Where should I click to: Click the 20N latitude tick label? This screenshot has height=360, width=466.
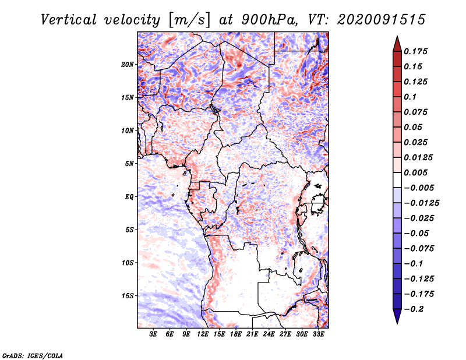128,65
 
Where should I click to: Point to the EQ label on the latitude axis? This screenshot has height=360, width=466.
129,197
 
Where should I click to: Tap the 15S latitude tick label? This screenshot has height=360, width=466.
128,296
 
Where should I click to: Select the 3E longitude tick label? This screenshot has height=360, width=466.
153,334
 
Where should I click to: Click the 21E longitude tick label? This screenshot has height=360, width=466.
252,334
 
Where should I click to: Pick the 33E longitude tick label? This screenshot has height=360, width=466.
318,334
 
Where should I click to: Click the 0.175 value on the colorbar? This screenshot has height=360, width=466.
415,51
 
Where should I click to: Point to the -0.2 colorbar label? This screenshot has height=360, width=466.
414,309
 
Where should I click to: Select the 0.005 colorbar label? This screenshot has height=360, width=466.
415,172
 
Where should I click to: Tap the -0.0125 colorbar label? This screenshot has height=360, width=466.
421,203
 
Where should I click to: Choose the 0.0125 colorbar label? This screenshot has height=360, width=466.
418,157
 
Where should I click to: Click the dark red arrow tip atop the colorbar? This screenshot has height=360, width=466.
397,36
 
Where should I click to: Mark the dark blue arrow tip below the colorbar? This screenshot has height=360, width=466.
397,323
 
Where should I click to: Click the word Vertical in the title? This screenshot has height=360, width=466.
69,20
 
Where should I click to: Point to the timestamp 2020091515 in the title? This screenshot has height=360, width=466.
382,20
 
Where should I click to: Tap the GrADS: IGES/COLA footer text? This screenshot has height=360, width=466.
33,355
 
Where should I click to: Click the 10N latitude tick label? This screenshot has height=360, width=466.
128,130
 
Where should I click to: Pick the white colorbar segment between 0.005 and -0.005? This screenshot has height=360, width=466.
397,180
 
